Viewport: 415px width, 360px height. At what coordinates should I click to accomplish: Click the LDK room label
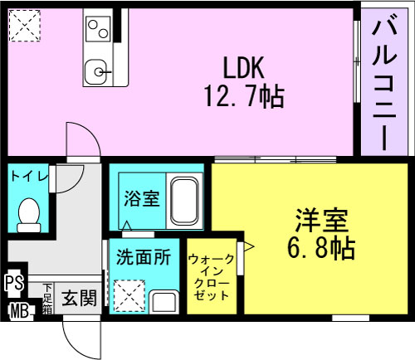pyautogui.click(x=243, y=67)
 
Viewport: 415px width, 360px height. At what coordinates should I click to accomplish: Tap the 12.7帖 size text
pyautogui.click(x=244, y=96)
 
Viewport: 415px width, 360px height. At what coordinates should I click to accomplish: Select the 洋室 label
pyautogui.click(x=321, y=220)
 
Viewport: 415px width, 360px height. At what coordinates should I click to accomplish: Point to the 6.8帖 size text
pyautogui.click(x=321, y=247)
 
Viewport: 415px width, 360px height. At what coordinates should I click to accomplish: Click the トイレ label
pyautogui.click(x=29, y=176)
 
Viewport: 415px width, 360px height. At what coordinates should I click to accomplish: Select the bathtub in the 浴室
pyautogui.click(x=184, y=202)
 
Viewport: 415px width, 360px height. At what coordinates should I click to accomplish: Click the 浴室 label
pyautogui.click(x=142, y=198)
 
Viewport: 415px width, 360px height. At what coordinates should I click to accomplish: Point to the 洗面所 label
pyautogui.click(x=144, y=257)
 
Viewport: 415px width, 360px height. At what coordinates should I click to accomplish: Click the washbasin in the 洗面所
pyautogui.click(x=164, y=302)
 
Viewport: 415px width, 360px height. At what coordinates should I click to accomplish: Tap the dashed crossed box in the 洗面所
pyautogui.click(x=129, y=296)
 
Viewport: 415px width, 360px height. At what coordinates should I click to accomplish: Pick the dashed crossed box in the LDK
pyautogui.click(x=25, y=26)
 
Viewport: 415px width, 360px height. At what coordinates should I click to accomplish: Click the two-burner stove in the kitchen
pyautogui.click(x=98, y=29)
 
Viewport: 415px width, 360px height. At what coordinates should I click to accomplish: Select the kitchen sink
pyautogui.click(x=95, y=72)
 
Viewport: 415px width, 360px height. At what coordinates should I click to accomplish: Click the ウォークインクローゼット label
pyautogui.click(x=212, y=277)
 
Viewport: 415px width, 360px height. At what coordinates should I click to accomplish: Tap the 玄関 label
pyautogui.click(x=79, y=298)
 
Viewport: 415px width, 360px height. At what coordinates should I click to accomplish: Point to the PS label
pyautogui.click(x=15, y=283)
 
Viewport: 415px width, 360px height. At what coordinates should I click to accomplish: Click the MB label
pyautogui.click(x=19, y=311)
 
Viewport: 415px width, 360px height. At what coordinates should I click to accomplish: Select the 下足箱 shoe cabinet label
pyautogui.click(x=47, y=299)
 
